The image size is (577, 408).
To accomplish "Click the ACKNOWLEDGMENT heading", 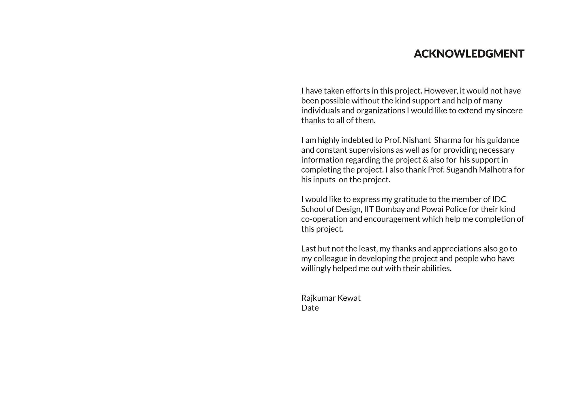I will tap(469, 54).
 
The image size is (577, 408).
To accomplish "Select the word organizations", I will tap(381, 111).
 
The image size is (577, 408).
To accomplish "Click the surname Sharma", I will tap(447, 140).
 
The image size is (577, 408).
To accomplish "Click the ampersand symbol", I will tap(425, 160).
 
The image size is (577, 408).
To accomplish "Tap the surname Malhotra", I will tap(495, 170).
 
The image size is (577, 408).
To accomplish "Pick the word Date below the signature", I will tap(310, 308).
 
